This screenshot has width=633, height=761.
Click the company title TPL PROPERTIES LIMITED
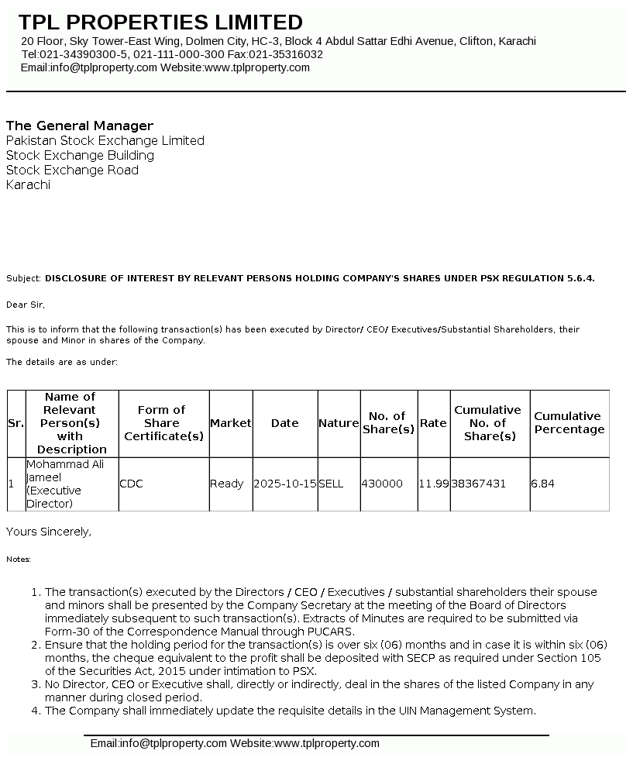(160, 22)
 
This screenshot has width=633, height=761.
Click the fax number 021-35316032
(287, 54)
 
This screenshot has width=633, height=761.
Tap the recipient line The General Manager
(80, 126)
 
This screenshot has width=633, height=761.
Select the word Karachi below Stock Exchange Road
(28, 184)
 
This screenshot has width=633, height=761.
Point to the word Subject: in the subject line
(24, 277)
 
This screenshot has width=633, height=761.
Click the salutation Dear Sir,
(26, 305)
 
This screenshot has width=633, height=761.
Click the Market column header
(231, 423)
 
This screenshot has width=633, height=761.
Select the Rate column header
(433, 423)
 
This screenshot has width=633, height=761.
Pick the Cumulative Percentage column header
(569, 423)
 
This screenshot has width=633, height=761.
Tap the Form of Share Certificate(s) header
(163, 423)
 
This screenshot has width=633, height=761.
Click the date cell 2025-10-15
(285, 484)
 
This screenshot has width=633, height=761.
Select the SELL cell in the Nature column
(331, 484)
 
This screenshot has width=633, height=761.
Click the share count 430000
(382, 484)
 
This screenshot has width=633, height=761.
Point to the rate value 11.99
(434, 484)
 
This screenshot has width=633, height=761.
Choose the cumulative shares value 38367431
(479, 484)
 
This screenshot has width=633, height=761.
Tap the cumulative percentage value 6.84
(542, 484)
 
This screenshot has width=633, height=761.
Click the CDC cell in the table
(132, 484)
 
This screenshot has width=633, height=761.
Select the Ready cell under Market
(227, 484)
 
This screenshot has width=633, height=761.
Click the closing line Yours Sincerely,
(49, 532)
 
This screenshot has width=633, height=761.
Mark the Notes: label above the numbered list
(19, 559)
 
